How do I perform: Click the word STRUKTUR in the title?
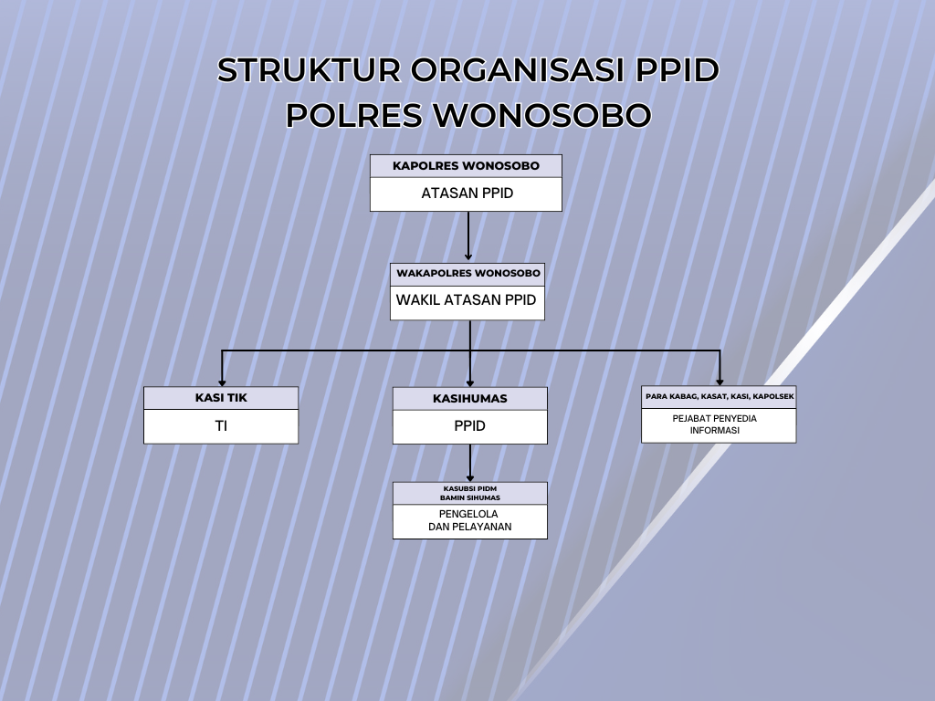(309, 69)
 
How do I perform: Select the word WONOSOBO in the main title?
(541, 115)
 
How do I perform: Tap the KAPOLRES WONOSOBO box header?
(466, 166)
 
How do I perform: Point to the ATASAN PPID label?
(467, 194)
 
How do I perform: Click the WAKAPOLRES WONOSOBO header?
(468, 273)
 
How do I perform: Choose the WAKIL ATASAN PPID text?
(467, 299)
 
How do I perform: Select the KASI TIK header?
(221, 398)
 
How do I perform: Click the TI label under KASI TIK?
(221, 425)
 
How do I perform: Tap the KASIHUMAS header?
(470, 398)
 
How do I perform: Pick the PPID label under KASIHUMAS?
(470, 425)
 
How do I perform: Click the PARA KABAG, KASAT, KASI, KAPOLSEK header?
(720, 396)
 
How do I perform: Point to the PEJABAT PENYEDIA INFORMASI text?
(714, 424)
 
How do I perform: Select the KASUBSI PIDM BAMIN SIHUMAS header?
(470, 493)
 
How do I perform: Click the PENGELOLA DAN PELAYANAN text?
(470, 520)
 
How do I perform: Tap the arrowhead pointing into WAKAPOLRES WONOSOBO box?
(468, 256)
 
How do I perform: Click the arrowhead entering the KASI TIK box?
(222, 382)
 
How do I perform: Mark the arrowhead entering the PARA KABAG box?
(720, 382)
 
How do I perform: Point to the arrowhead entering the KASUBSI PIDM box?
(470, 478)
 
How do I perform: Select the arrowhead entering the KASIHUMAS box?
(470, 383)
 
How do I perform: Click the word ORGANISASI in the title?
(517, 69)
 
